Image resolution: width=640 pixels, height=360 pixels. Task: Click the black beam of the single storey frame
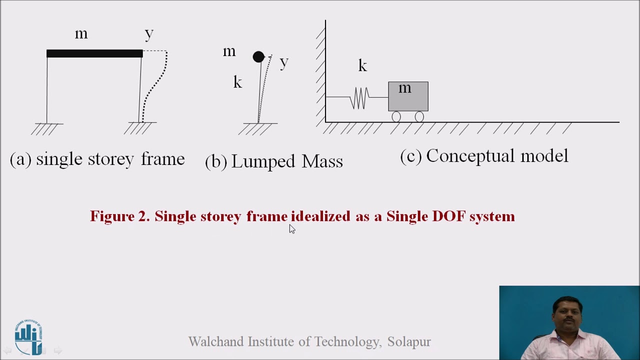(94, 53)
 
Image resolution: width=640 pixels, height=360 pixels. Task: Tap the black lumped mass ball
(258, 57)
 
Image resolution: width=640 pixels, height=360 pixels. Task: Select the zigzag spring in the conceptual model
(359, 97)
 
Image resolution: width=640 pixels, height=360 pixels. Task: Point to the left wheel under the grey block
(396, 117)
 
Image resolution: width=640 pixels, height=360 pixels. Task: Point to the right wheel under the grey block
(419, 117)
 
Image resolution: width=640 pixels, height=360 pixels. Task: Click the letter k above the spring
(362, 65)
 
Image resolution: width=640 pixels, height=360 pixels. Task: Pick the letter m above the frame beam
(81, 34)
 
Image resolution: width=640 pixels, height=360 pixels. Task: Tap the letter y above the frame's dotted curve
(149, 34)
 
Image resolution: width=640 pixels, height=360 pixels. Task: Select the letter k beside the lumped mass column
(237, 82)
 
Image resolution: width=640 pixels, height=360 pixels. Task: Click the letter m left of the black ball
(229, 51)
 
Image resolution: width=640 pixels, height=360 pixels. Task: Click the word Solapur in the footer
(409, 341)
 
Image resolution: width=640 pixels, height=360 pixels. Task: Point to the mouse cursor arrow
(292, 229)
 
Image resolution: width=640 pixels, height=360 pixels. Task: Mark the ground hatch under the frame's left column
(46, 129)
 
